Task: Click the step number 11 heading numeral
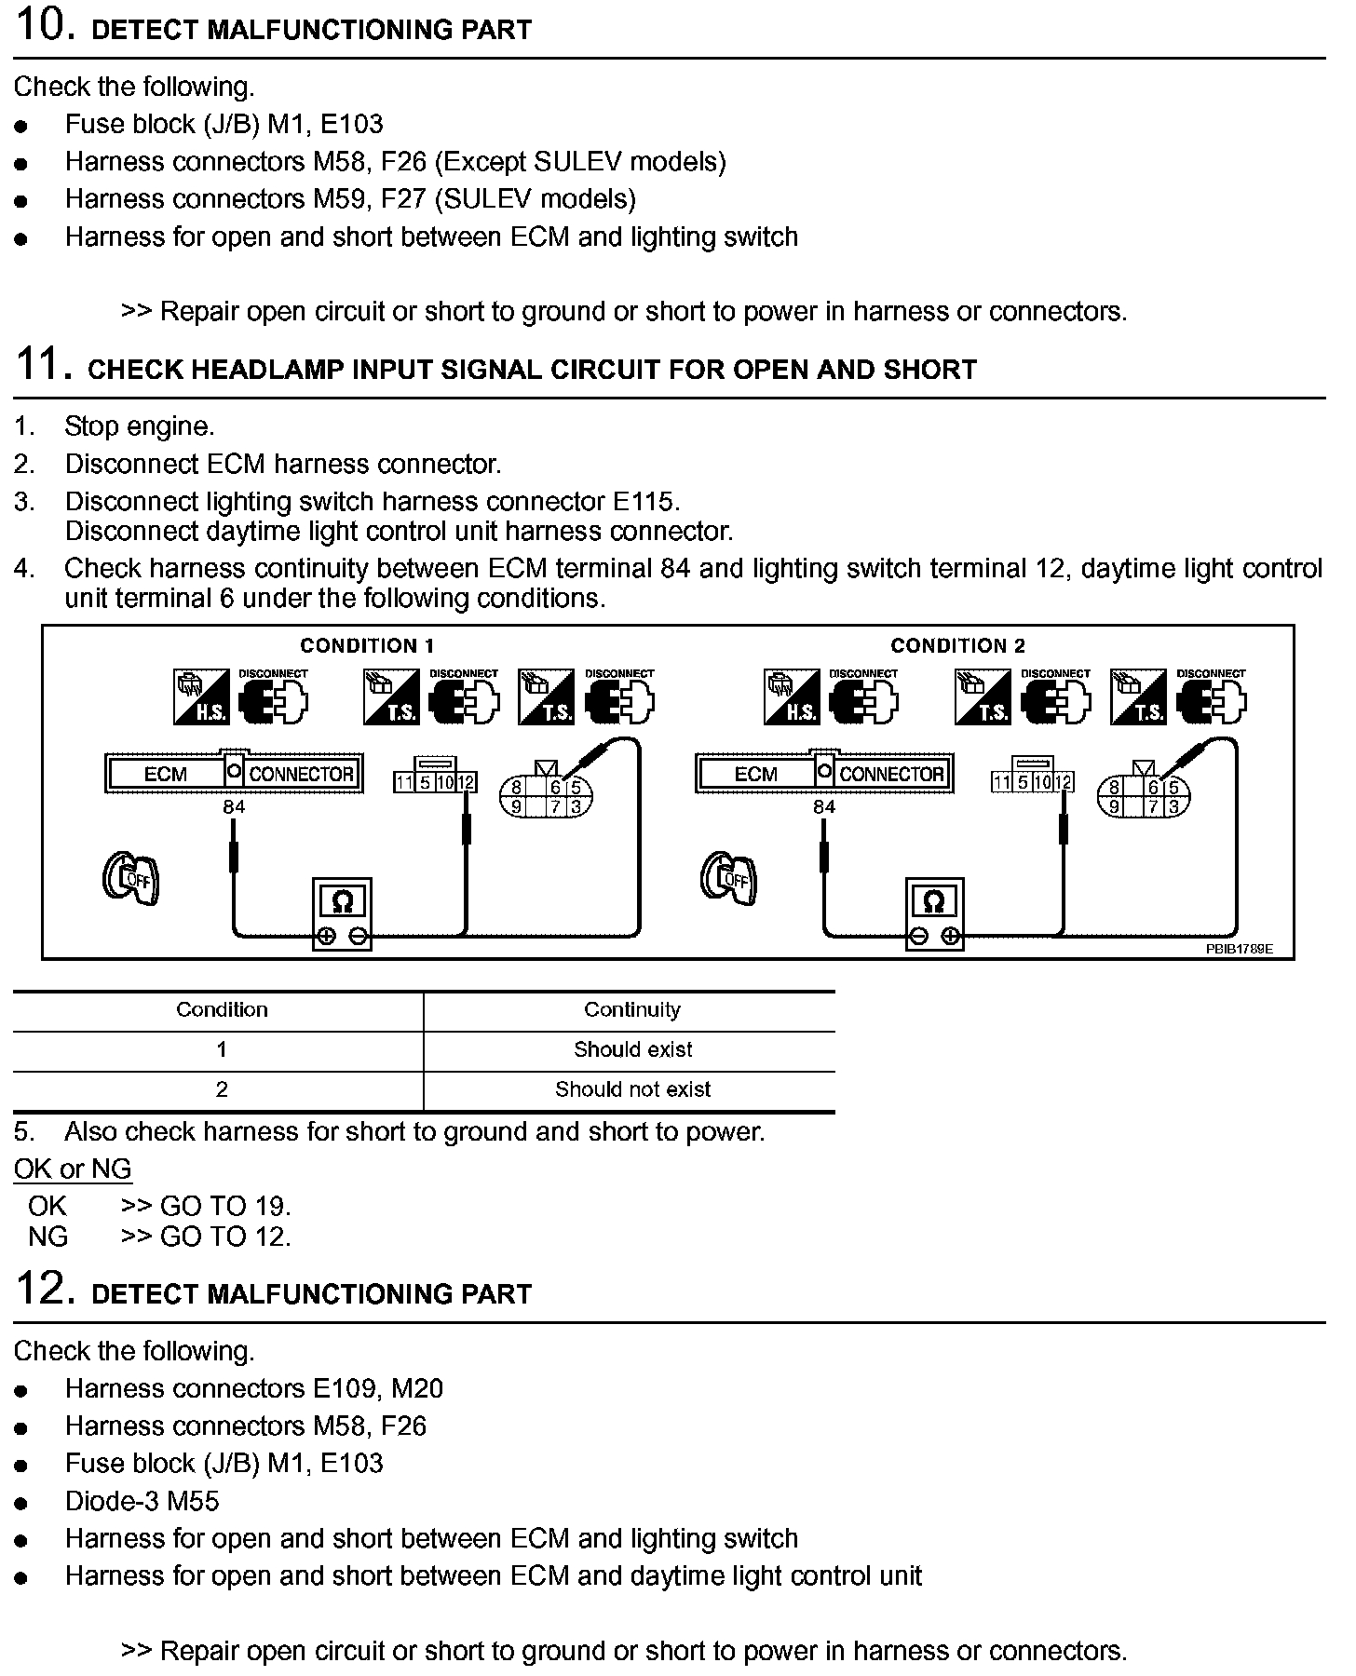click(x=43, y=364)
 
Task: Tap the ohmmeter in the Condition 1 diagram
click(x=342, y=912)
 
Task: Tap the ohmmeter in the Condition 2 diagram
click(x=934, y=912)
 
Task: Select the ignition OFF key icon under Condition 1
click(x=130, y=877)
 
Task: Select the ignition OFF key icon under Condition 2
click(x=728, y=877)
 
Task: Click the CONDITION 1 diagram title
click(x=367, y=645)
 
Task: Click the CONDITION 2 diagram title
click(x=957, y=645)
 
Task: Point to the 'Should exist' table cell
click(x=632, y=1050)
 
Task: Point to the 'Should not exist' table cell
click(x=632, y=1090)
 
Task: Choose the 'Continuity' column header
click(x=631, y=1010)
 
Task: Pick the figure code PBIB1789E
click(x=1239, y=950)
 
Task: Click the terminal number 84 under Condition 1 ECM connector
click(x=234, y=807)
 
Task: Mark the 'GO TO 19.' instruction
click(x=225, y=1207)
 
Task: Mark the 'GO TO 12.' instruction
click(x=225, y=1237)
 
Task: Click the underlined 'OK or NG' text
click(x=73, y=1169)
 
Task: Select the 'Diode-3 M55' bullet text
click(x=142, y=1501)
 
